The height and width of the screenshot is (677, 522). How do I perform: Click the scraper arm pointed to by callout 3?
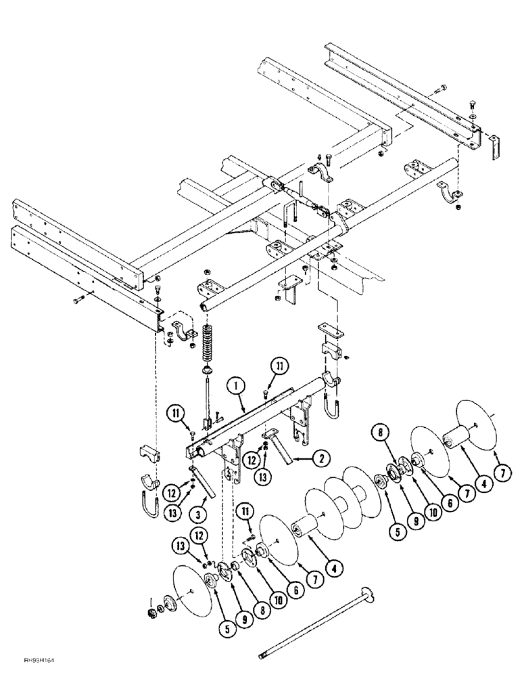point(201,483)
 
